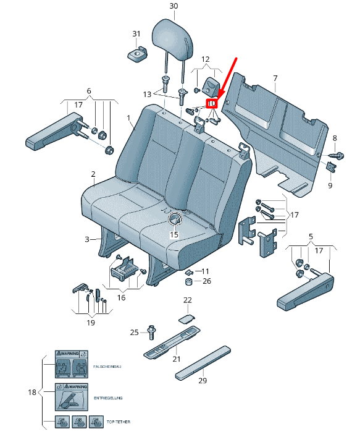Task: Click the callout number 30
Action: pyautogui.click(x=173, y=6)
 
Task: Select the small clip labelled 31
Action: pyautogui.click(x=136, y=54)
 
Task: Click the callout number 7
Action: pyautogui.click(x=275, y=78)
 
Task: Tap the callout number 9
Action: pyautogui.click(x=330, y=185)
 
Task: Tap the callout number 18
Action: pyautogui.click(x=33, y=392)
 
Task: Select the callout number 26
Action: pyautogui.click(x=206, y=281)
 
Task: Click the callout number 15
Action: pyautogui.click(x=174, y=235)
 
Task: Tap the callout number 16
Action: pyautogui.click(x=122, y=297)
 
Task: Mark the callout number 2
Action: pyautogui.click(x=93, y=174)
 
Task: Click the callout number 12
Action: pyautogui.click(x=205, y=59)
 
